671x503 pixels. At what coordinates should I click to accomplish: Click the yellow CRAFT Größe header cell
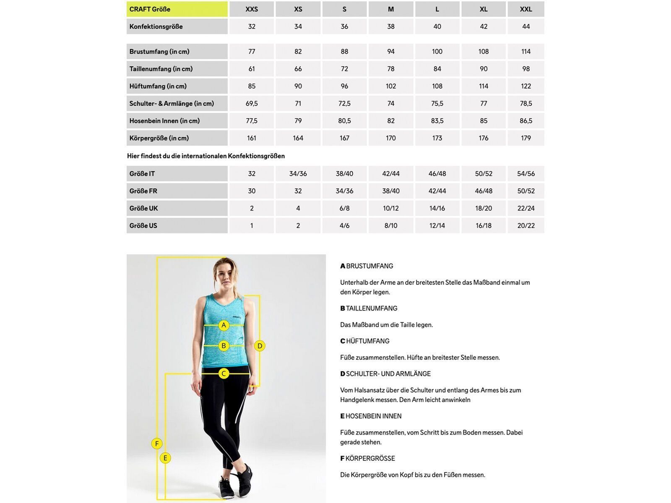[177, 9]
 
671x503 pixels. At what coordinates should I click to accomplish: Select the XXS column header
[252, 9]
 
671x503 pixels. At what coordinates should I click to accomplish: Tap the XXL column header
[526, 9]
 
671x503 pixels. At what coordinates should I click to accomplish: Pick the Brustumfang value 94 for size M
[391, 52]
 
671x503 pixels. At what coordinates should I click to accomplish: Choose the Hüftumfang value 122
[526, 86]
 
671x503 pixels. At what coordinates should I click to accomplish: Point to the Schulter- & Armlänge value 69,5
[252, 104]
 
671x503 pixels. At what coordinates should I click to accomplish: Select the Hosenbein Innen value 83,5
[437, 121]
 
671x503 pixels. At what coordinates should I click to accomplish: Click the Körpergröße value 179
[526, 138]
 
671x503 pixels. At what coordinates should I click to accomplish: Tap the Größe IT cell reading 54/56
[526, 174]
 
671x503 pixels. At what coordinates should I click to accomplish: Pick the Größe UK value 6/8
[344, 208]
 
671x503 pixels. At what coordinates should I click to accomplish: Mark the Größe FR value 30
[252, 191]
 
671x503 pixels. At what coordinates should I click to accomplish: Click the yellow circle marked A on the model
[224, 325]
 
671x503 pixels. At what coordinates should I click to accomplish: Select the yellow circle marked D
[260, 346]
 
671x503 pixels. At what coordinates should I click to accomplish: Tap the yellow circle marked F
[157, 443]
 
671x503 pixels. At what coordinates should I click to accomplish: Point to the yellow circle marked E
[165, 458]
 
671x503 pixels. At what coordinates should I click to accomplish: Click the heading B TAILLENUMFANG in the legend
[369, 308]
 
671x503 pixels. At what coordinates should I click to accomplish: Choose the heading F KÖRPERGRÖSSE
[367, 458]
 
